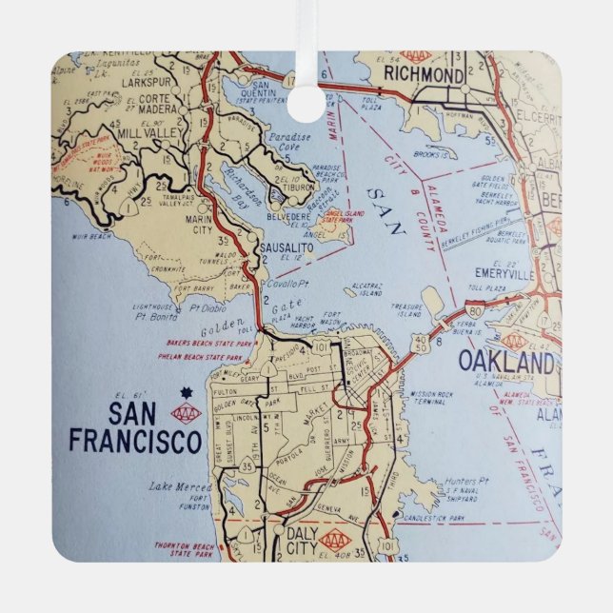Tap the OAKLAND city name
click(505, 362)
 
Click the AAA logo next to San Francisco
click(186, 412)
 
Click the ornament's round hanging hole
click(306, 102)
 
